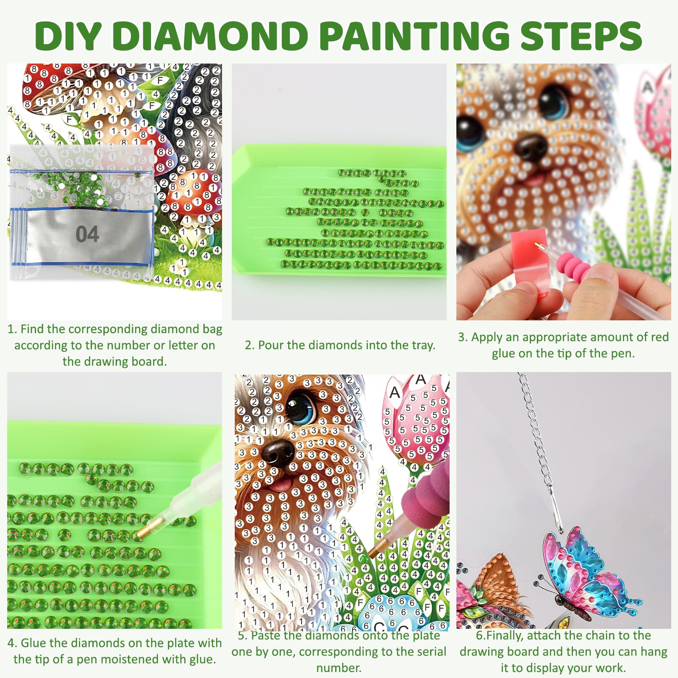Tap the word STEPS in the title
[581, 35]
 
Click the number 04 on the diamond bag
[87, 234]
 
